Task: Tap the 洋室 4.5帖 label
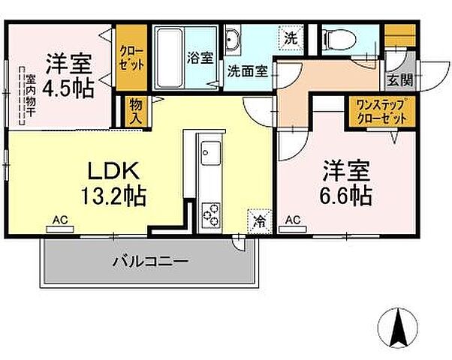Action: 68,74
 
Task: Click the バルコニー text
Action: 150,262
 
